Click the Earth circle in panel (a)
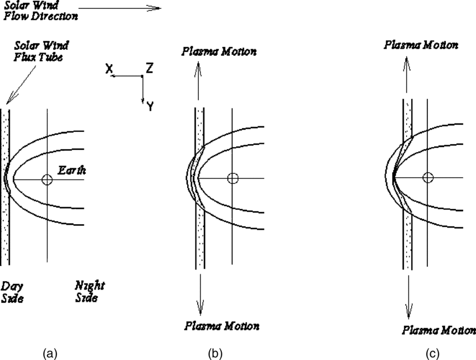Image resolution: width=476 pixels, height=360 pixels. [x=47, y=179]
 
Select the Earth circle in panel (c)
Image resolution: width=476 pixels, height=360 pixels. [x=428, y=178]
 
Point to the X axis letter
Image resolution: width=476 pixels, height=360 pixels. [x=110, y=68]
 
